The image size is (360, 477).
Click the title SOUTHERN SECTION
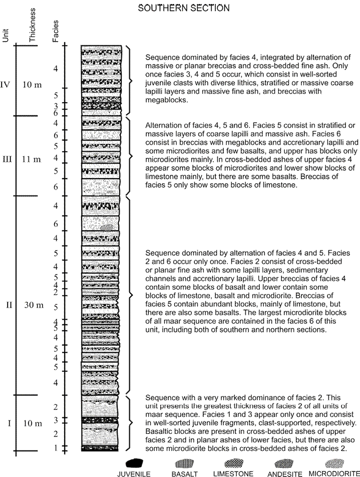click(x=184, y=8)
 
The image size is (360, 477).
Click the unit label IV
click(x=6, y=84)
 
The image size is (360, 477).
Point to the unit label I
click(x=9, y=423)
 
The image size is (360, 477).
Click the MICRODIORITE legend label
click(x=334, y=474)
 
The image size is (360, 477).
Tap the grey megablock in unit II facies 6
click(x=106, y=227)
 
